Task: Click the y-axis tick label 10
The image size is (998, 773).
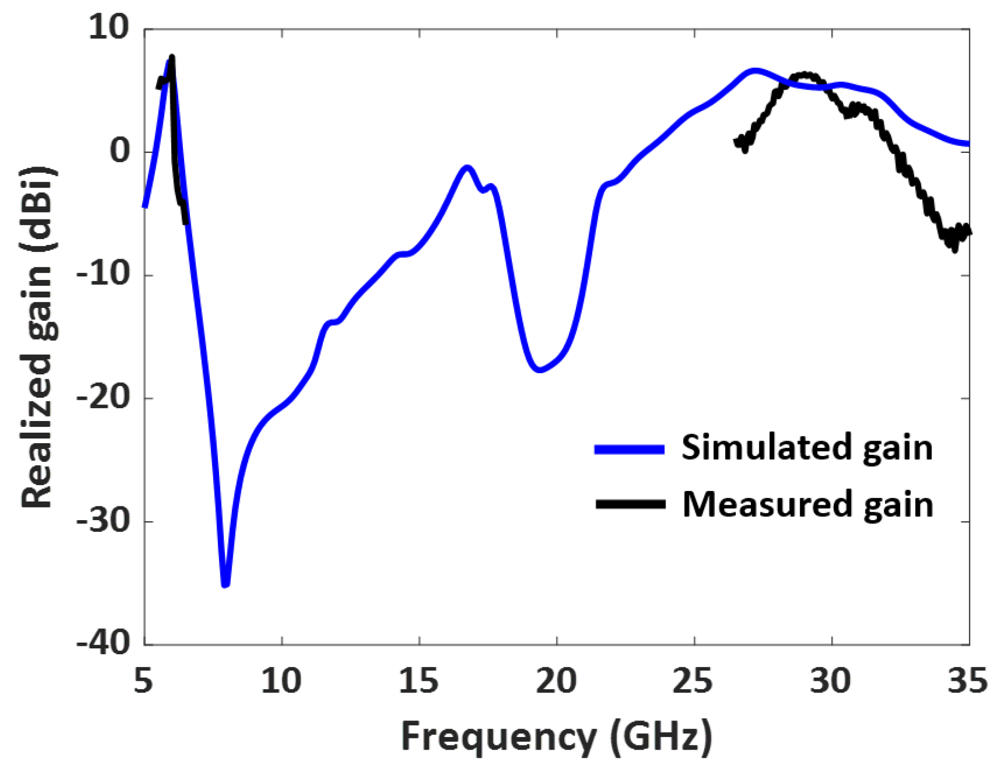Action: (x=109, y=28)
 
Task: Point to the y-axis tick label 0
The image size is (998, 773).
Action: (x=120, y=151)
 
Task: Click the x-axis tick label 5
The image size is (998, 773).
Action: (x=144, y=680)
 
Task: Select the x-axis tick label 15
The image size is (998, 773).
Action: (x=419, y=680)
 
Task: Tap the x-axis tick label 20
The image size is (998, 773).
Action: (x=556, y=680)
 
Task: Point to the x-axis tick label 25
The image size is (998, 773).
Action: (x=694, y=680)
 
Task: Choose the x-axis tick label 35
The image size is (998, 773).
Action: (x=968, y=680)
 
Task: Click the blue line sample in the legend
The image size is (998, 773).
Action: (x=629, y=449)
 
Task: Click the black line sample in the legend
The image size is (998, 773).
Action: (x=631, y=504)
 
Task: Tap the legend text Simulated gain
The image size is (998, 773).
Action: (x=807, y=448)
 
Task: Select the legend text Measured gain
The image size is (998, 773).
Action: (x=808, y=504)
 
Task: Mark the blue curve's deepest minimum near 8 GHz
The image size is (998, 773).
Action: (x=225, y=585)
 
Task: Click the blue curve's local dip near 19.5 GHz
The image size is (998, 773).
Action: (x=539, y=370)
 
